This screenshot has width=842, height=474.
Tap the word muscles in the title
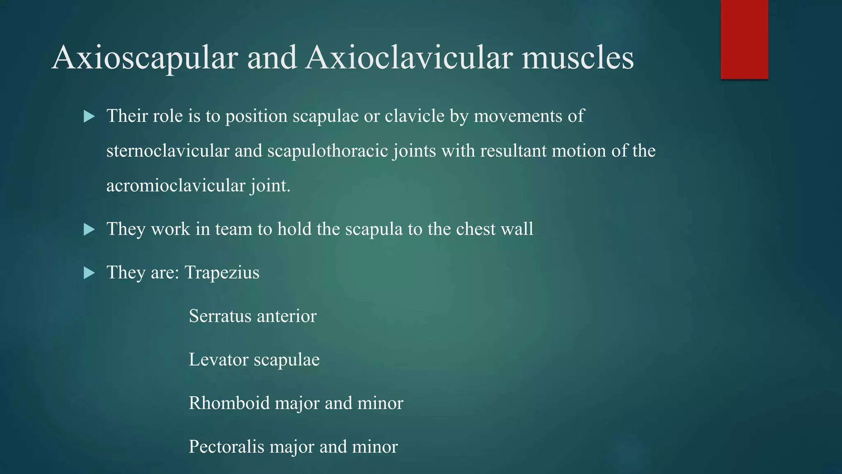point(578,58)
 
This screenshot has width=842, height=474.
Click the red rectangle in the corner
point(744,39)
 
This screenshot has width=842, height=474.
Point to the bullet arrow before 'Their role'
point(89,116)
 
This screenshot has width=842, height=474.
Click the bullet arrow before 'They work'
point(89,230)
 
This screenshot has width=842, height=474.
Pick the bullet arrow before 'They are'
point(89,273)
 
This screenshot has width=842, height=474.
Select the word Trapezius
point(222,273)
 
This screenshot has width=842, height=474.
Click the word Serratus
point(220,316)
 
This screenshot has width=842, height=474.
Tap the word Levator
point(218,360)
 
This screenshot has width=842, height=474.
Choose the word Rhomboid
point(229,403)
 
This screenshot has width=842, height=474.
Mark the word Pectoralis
point(226,447)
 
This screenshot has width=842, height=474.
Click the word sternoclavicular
point(167,151)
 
